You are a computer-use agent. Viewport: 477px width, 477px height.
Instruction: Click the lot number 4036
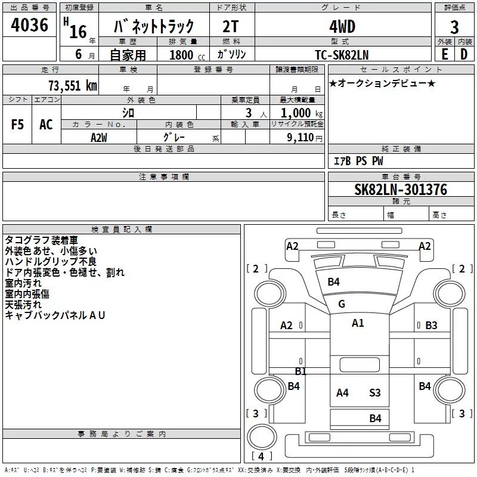point(29,25)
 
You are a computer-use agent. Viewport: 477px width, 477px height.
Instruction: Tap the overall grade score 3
point(454,27)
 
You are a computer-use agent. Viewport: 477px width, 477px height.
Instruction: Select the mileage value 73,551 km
point(73,86)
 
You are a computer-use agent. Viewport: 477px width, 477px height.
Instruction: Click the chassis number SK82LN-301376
point(401,190)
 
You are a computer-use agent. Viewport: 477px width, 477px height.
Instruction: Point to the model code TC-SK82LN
point(342,55)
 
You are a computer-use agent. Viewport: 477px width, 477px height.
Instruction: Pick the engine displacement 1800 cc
point(187,55)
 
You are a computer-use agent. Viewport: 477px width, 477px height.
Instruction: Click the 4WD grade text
point(342,27)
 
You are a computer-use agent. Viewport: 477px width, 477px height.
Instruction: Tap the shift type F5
point(17,125)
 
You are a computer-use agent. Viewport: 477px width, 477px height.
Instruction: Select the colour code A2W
point(99,138)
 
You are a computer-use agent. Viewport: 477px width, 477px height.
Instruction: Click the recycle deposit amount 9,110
point(301,138)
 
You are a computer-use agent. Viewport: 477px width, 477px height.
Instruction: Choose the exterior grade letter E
point(445,54)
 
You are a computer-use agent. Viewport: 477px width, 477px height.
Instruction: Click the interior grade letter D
point(464,54)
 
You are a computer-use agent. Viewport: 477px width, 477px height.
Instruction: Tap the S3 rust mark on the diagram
point(375,393)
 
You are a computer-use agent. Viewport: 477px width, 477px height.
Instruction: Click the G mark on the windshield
point(342,304)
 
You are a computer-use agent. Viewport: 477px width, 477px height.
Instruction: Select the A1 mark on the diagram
point(358,323)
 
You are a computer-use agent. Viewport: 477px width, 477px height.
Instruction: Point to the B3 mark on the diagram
point(431,325)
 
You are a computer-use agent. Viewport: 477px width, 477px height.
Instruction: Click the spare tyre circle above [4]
point(262,436)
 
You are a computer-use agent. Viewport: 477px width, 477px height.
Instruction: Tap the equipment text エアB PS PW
point(358,161)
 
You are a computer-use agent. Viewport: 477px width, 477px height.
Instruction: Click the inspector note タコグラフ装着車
point(41,240)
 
